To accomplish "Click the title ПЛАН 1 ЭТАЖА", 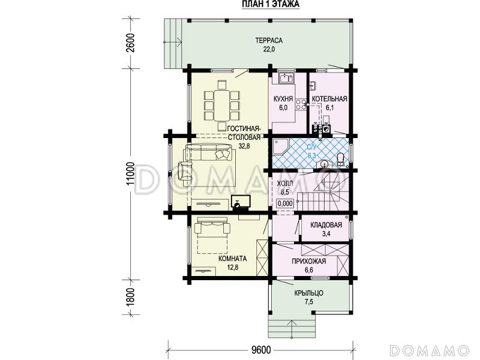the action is click(271, 4).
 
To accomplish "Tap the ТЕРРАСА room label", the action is click(269, 40).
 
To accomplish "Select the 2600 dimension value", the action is click(131, 43).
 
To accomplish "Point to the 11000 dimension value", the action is click(131, 173).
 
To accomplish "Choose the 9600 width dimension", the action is click(262, 349).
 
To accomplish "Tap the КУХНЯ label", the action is click(283, 99).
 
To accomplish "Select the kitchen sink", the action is click(286, 78).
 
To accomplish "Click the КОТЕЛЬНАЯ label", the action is click(329, 99).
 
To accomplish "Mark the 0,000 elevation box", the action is click(285, 203).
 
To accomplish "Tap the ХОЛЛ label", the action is click(284, 184).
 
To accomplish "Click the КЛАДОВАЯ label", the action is click(326, 225).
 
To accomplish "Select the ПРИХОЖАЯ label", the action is click(308, 261).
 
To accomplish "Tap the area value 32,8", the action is click(244, 146).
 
